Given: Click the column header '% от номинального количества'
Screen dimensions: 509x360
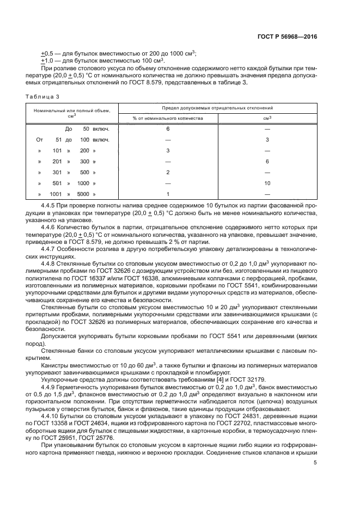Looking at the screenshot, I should coord(168,118).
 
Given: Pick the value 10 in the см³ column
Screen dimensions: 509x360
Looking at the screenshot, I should coord(267,183).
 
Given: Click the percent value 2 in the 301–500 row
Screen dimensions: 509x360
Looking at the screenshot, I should coord(168,172).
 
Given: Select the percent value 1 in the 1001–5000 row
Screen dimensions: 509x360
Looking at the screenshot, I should coord(168,194).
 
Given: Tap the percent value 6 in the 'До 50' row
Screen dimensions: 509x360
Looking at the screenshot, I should coord(168,129).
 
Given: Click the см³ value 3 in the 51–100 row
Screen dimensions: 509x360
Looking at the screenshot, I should coord(267,140).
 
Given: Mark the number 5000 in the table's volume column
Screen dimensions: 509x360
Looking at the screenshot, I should coord(83,194).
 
